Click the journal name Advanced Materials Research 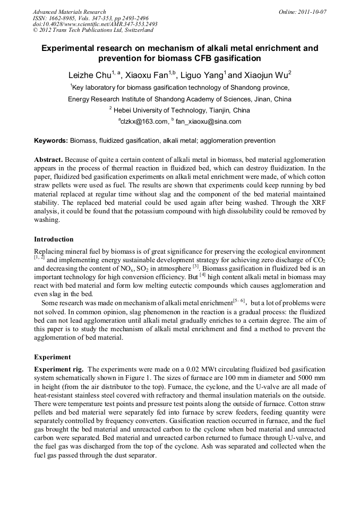coord(69,12)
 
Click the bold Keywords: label coord(51,141)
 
